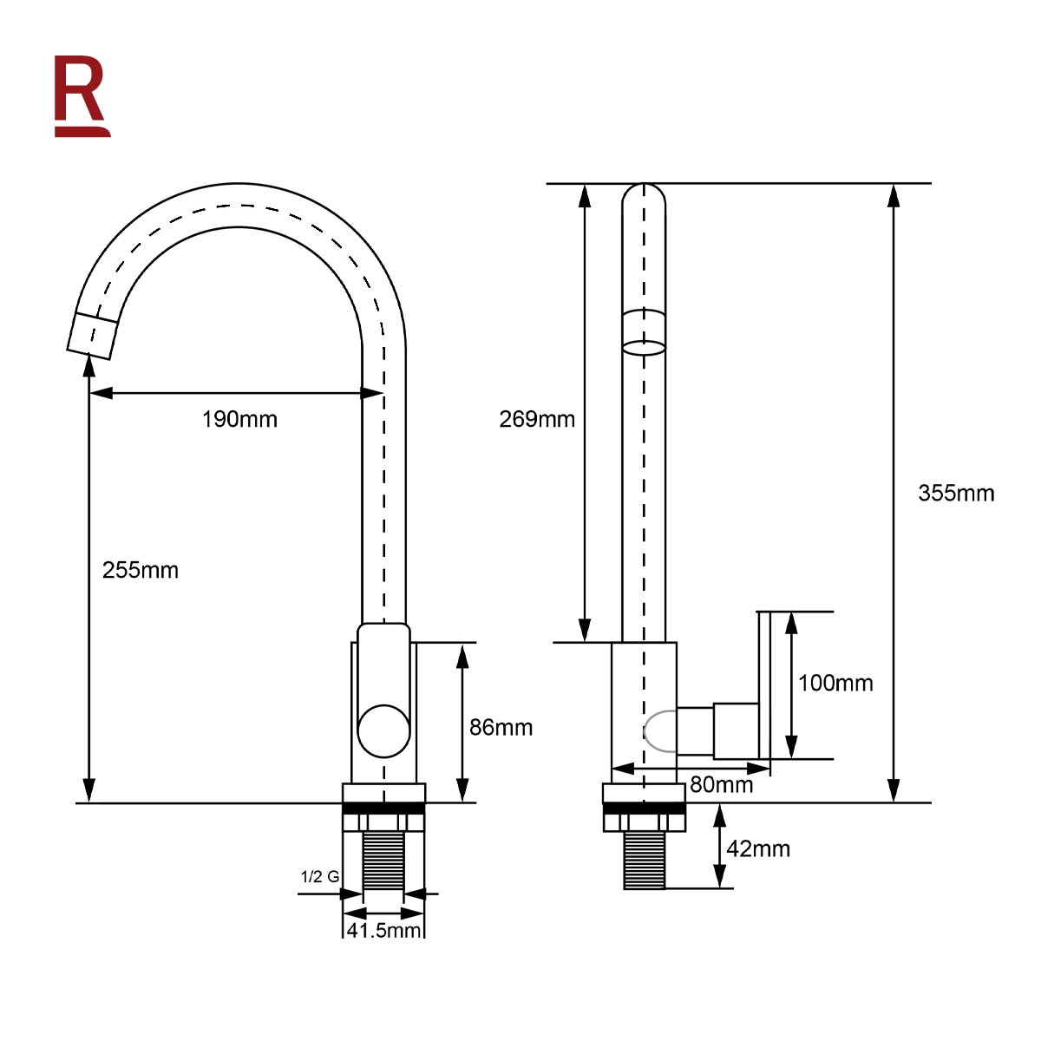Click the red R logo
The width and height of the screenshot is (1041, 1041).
point(82,96)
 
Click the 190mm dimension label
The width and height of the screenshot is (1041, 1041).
point(239,419)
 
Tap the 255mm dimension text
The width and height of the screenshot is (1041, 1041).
point(141,570)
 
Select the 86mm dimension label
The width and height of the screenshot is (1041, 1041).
point(501,727)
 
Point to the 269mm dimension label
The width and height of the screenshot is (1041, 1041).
point(537,419)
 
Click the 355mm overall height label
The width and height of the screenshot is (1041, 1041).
point(956,494)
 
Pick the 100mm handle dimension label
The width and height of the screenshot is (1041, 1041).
point(835,683)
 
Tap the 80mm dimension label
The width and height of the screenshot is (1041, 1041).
point(721,784)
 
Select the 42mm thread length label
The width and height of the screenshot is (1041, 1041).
point(758,848)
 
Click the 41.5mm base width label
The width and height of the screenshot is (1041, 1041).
point(383,930)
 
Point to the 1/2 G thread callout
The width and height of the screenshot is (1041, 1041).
point(320,876)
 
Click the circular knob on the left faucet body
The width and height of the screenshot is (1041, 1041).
point(384,731)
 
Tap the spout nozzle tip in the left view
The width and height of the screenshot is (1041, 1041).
point(92,336)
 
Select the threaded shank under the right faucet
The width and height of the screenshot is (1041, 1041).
point(644,861)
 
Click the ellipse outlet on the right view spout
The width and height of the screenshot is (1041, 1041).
point(644,347)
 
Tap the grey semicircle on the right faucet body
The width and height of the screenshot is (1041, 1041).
point(659,731)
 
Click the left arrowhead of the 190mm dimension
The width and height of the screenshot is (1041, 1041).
point(101,393)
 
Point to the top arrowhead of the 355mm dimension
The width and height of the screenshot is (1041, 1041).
point(894,195)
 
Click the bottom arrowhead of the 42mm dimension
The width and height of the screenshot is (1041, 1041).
point(719,875)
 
